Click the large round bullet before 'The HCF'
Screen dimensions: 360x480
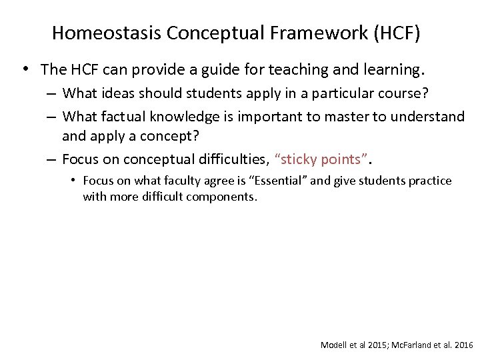[x=25, y=69]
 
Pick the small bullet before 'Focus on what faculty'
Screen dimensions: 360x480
[x=76, y=181]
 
